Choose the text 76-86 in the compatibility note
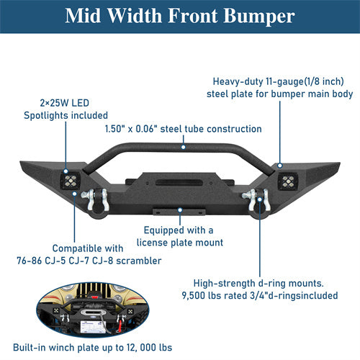click(x=68, y=260)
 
